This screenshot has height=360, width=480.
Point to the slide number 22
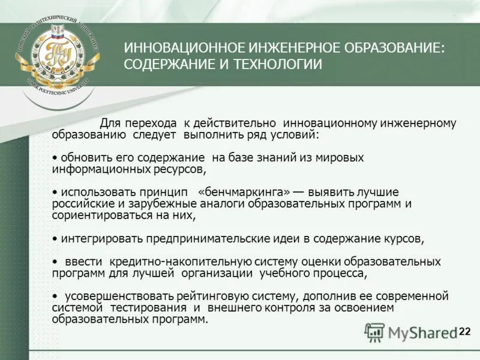[x=465, y=332]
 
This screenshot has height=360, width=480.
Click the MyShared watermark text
[x=422, y=332]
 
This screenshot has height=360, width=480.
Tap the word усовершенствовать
[x=113, y=296]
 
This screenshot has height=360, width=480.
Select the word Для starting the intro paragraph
[x=110, y=124]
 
